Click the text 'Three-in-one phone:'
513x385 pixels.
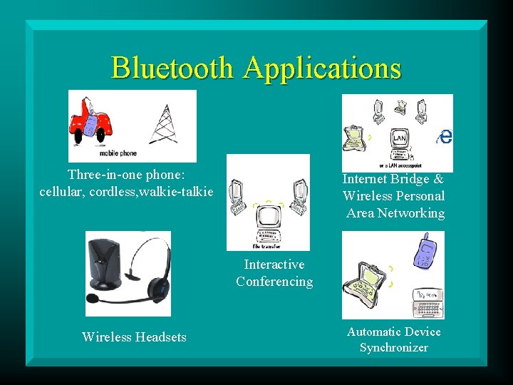[126, 174]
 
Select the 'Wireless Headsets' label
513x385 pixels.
[134, 337]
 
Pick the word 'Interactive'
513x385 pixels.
[274, 265]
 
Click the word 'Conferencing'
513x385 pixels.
[274, 282]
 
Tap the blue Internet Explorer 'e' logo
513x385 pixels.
[445, 136]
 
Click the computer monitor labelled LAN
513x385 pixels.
[399, 137]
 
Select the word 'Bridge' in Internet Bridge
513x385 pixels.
[409, 179]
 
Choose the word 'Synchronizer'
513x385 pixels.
[394, 348]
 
